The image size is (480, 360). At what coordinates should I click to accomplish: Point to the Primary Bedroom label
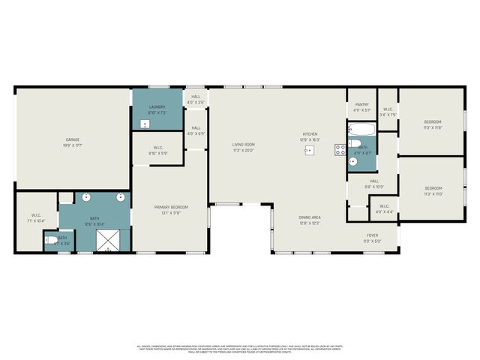[x=170, y=208]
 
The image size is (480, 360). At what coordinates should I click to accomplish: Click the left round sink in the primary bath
[x=87, y=199]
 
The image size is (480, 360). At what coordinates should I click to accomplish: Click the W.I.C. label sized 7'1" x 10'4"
[x=36, y=218]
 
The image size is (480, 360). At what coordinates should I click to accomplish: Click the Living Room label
[x=243, y=146]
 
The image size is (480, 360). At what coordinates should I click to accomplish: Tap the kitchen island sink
[x=308, y=150]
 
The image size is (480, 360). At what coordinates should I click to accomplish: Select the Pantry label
[x=361, y=106]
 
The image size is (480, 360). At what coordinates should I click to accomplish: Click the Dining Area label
[x=310, y=219]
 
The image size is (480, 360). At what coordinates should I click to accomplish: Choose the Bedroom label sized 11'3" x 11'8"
[x=433, y=124]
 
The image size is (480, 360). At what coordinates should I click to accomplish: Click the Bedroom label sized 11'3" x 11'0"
[x=433, y=190]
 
